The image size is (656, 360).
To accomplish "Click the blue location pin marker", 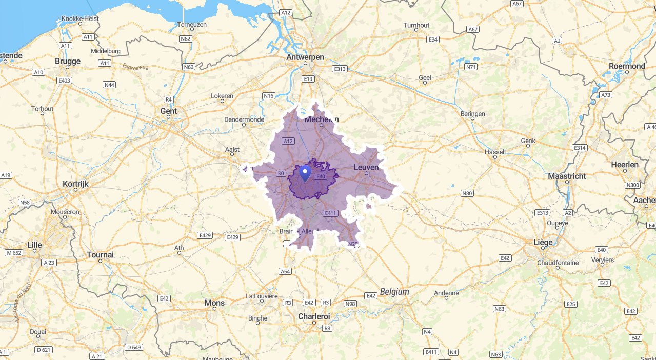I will pyautogui.click(x=305, y=173).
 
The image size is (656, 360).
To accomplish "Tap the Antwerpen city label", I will pyautogui.click(x=305, y=57).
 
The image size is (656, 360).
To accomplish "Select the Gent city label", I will pyautogui.click(x=169, y=111).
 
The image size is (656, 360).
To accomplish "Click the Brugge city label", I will pyautogui.click(x=68, y=61).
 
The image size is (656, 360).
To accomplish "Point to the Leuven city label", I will pyautogui.click(x=366, y=167).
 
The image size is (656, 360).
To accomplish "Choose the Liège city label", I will pyautogui.click(x=543, y=242).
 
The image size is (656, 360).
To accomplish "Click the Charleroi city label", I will pyautogui.click(x=314, y=316).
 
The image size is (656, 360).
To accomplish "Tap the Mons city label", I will pyautogui.click(x=214, y=303).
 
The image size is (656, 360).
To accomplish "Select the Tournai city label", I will pyautogui.click(x=100, y=254).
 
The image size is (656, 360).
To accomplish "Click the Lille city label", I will pyautogui.click(x=34, y=245).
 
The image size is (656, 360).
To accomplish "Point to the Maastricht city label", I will pyautogui.click(x=567, y=176).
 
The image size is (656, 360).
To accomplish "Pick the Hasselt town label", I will pyautogui.click(x=495, y=152).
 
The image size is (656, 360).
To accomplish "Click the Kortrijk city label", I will pyautogui.click(x=76, y=183).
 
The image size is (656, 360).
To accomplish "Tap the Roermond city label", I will pyautogui.click(x=627, y=66).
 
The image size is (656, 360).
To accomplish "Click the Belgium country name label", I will pyautogui.click(x=394, y=292).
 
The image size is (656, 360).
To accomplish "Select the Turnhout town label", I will pyautogui.click(x=416, y=25).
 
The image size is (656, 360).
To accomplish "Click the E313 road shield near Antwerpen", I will pyautogui.click(x=340, y=69).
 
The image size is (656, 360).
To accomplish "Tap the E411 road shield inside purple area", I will pyautogui.click(x=330, y=213).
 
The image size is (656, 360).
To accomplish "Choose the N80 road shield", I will pyautogui.click(x=467, y=193).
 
